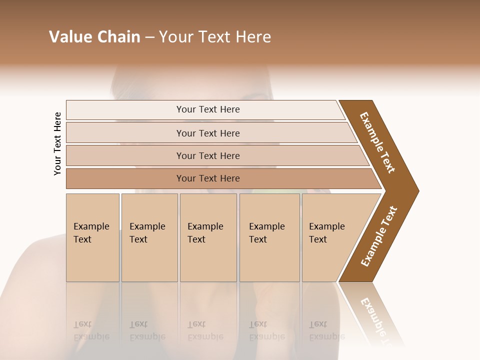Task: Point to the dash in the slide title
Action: (x=149, y=37)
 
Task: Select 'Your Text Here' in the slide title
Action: (x=215, y=37)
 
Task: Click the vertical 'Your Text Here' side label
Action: (x=57, y=144)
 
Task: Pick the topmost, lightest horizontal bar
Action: (x=207, y=109)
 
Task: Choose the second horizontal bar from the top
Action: (x=207, y=133)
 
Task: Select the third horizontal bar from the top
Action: (x=207, y=155)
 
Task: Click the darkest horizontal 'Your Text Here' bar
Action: (x=207, y=178)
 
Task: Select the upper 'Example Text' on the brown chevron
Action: (x=377, y=142)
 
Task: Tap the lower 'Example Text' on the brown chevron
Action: (x=378, y=236)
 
